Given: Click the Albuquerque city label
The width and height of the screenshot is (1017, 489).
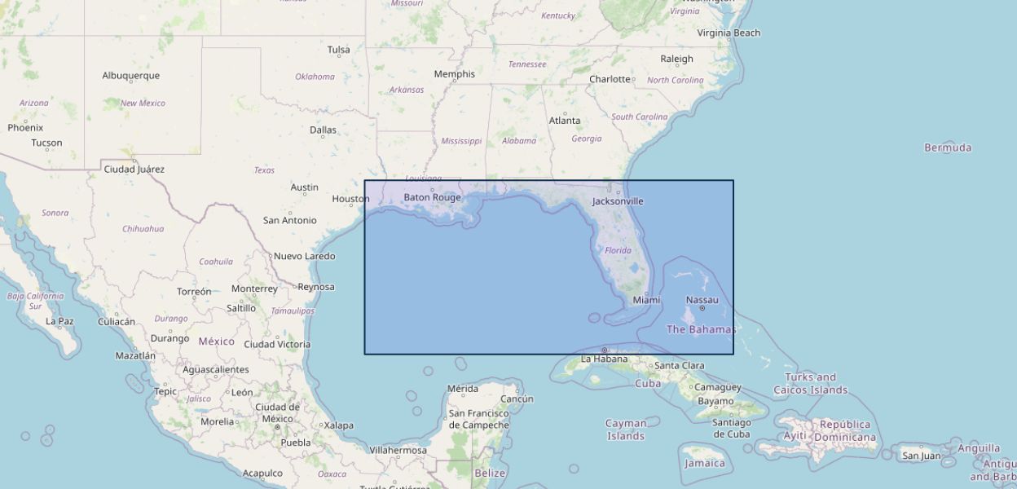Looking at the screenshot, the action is click(130, 76).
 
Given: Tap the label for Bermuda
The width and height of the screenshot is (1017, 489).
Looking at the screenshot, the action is click(947, 148).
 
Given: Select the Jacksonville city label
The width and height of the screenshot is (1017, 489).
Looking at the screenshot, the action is click(617, 201).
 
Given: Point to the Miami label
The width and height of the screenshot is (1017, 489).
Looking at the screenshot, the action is click(646, 300).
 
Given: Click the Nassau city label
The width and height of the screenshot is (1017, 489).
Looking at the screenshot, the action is click(702, 300).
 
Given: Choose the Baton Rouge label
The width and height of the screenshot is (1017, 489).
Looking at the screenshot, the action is click(432, 197).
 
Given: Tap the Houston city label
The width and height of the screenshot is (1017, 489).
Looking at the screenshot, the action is click(350, 199).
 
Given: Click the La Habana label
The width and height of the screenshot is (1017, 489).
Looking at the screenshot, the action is click(604, 359).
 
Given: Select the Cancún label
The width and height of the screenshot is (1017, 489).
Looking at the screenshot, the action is click(517, 399).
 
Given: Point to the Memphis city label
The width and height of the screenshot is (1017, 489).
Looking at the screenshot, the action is click(454, 74).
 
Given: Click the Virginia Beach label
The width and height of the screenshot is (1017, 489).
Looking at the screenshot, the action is click(728, 33).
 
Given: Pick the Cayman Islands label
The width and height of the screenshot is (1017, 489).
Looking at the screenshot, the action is click(626, 430).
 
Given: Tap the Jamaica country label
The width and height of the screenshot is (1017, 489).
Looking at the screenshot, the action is click(704, 463).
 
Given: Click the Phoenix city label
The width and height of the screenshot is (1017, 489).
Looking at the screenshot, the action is click(25, 128).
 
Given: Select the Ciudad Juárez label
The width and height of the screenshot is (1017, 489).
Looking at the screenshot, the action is click(134, 170).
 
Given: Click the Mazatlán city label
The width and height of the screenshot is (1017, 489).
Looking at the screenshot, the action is click(135, 355).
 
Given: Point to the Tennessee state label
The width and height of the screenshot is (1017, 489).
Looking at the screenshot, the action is click(526, 64).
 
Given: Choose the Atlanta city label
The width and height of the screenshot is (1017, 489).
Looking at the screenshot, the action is click(564, 121).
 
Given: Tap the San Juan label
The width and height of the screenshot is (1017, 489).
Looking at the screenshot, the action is click(921, 456).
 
